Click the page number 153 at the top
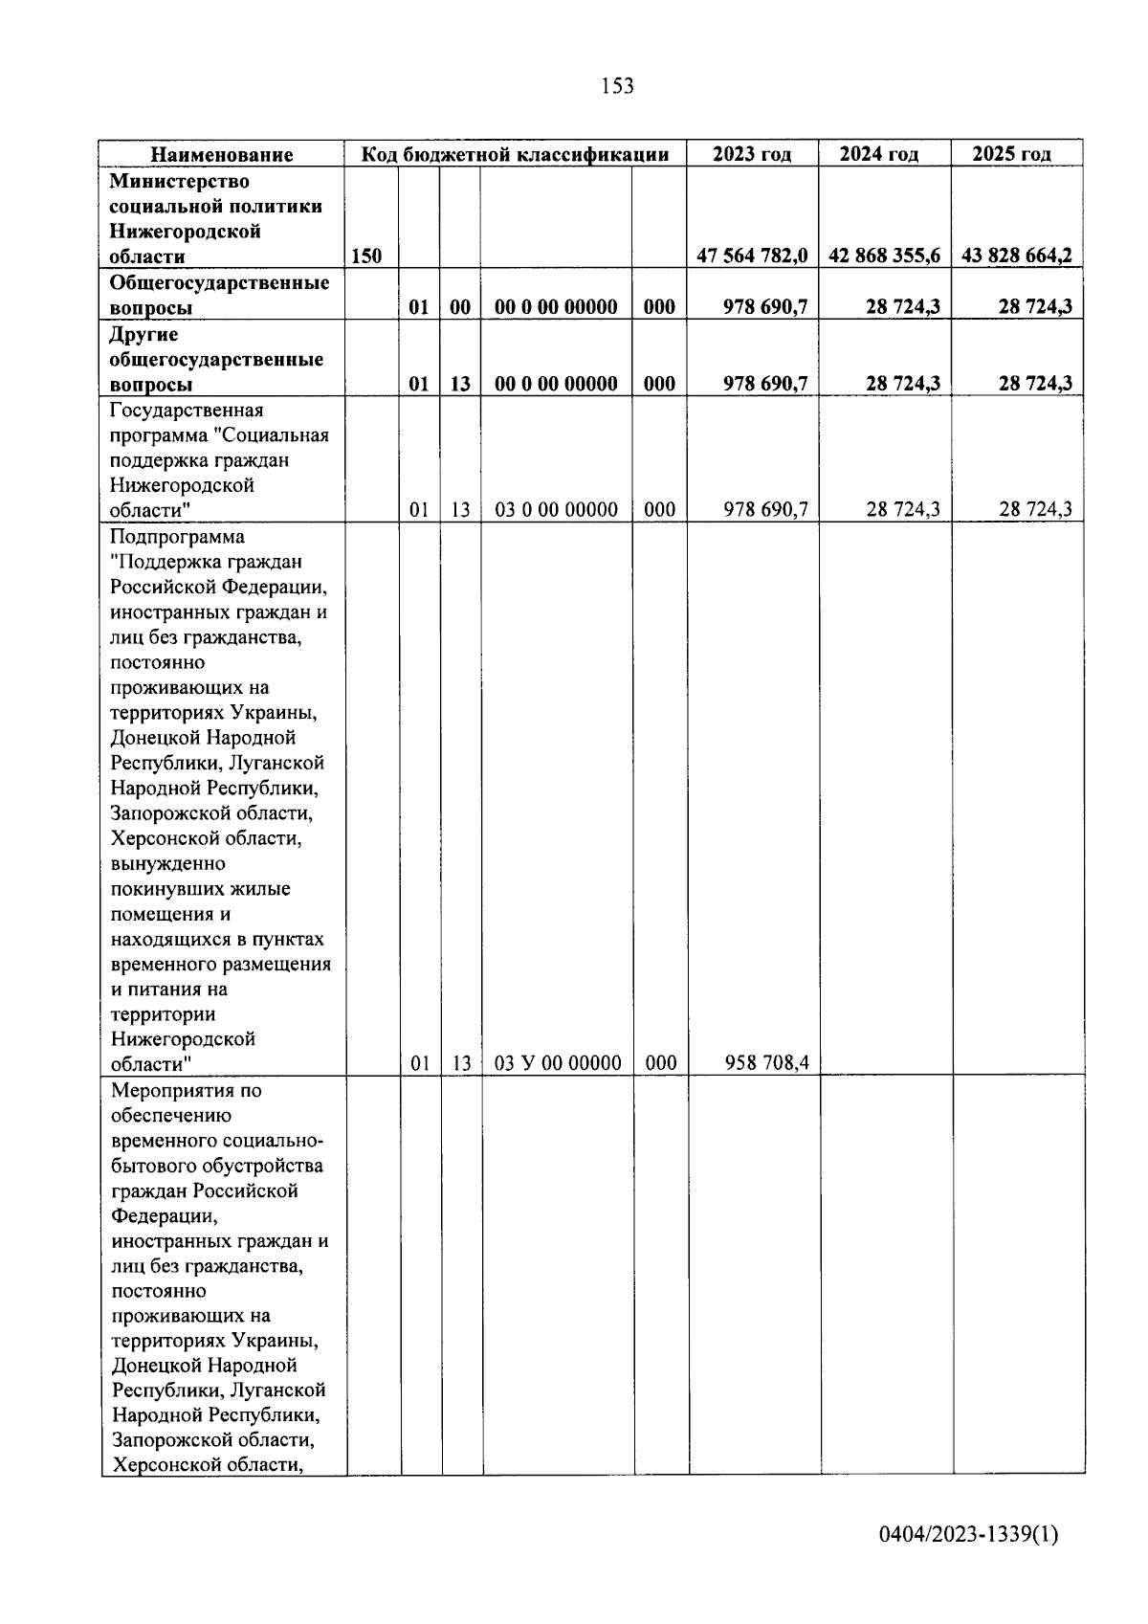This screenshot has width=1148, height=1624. tap(617, 86)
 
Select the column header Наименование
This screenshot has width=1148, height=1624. tap(222, 154)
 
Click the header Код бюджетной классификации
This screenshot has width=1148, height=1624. tap(514, 154)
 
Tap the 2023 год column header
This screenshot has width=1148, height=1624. tap(752, 154)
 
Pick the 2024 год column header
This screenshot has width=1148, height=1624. tap(884, 154)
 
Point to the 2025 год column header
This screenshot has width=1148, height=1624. tap(1016, 154)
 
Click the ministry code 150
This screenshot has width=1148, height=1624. tap(366, 256)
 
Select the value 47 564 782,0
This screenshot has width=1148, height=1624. tap(752, 256)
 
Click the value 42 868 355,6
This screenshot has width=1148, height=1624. tap(884, 256)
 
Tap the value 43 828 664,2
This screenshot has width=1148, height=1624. tap(1016, 256)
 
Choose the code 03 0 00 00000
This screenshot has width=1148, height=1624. tap(556, 510)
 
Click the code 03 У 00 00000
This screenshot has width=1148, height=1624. tap(558, 1063)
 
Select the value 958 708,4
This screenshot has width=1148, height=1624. tap(766, 1063)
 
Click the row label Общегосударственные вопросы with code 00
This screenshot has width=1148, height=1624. tap(219, 295)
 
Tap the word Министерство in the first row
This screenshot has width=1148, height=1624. tap(179, 181)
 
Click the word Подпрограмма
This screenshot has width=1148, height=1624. tap(177, 537)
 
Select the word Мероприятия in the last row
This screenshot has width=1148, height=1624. tap(172, 1091)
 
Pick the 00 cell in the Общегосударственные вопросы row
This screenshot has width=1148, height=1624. tap(460, 307)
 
